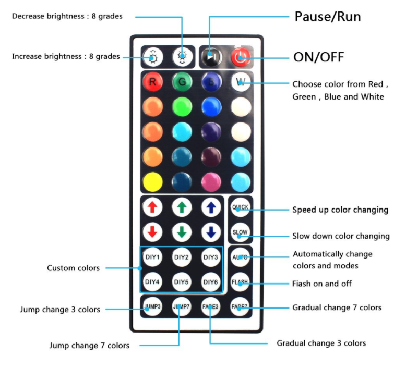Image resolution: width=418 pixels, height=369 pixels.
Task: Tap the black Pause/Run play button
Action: click(211, 57)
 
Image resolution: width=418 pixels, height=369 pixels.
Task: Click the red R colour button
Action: click(153, 81)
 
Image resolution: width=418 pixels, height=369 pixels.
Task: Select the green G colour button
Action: click(182, 81)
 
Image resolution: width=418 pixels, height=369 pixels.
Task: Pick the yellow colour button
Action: click(153, 182)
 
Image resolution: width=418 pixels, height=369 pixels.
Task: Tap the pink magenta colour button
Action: click(211, 182)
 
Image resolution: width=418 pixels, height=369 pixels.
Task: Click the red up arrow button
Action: click(152, 207)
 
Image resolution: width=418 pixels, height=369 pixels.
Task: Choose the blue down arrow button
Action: click(211, 232)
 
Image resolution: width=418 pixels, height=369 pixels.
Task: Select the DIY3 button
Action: click(211, 257)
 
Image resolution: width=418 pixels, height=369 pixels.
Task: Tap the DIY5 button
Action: click(182, 281)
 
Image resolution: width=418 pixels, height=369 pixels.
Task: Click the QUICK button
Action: click(240, 207)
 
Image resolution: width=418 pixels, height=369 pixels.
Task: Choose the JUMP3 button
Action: click(152, 306)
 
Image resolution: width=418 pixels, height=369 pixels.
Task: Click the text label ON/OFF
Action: click(319, 57)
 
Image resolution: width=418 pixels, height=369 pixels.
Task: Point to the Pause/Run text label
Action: click(328, 17)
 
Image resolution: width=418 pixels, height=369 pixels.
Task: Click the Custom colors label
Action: click(73, 268)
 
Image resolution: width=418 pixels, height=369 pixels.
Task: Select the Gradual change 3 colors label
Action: click(321, 343)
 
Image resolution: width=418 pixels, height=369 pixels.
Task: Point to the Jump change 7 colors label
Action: click(89, 346)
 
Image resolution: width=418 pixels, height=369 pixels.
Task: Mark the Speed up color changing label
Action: click(340, 210)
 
